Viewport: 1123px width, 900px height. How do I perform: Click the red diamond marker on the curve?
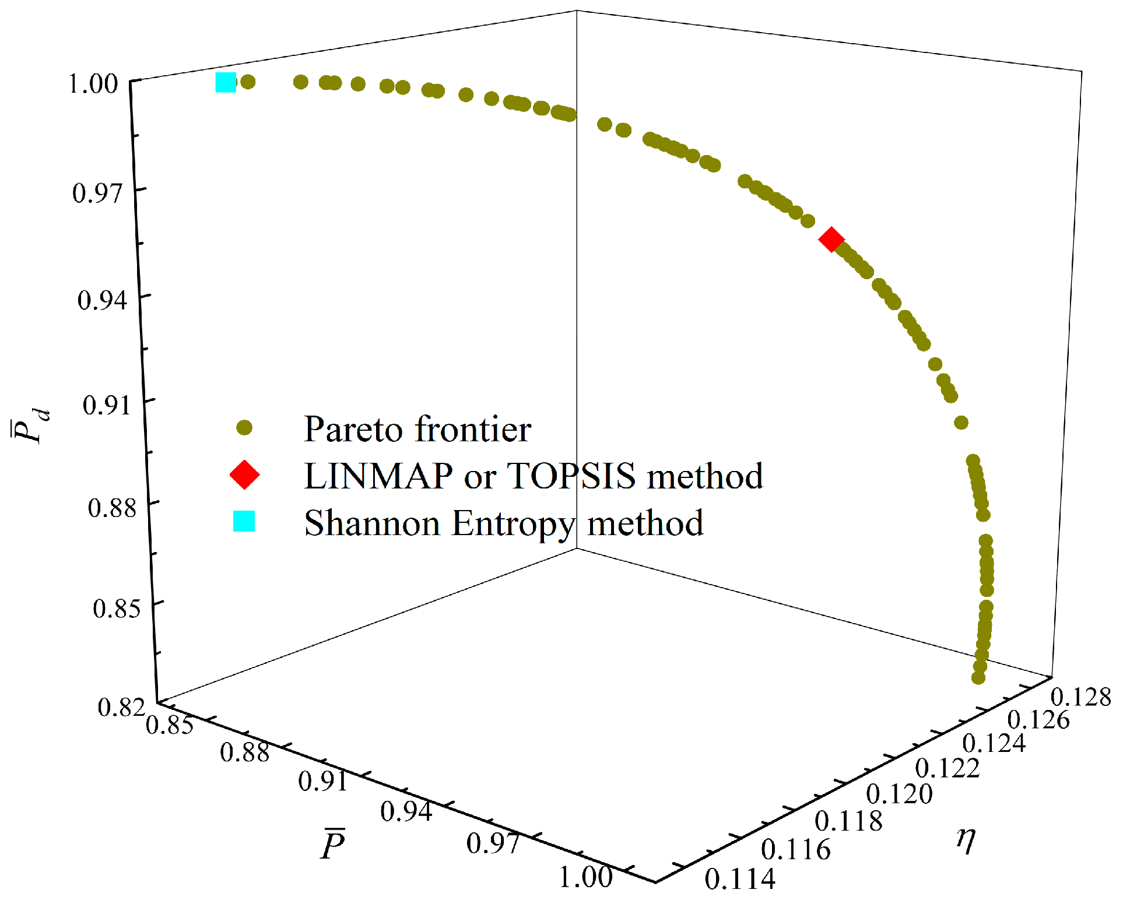click(831, 240)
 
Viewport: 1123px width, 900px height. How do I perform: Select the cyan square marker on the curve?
click(226, 82)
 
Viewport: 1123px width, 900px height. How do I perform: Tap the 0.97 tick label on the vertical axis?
click(97, 193)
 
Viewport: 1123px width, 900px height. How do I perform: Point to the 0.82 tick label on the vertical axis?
click(121, 706)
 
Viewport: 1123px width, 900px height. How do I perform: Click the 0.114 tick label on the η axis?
click(740, 879)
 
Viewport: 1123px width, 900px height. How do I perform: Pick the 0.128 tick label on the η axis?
click(1080, 697)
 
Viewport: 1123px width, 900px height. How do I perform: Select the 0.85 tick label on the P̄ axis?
click(169, 725)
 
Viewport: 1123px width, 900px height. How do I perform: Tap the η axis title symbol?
click(966, 839)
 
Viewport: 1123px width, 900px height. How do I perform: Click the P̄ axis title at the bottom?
click(333, 845)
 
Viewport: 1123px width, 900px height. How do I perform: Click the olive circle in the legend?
click(244, 428)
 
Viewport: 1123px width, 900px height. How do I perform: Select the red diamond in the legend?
click(244, 474)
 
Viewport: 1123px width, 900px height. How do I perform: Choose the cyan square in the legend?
click(244, 521)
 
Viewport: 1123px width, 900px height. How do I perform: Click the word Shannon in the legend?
click(371, 523)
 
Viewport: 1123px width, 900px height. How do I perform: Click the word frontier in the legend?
click(473, 430)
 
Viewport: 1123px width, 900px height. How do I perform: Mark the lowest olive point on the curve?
click(978, 678)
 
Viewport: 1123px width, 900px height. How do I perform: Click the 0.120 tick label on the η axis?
click(899, 794)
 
